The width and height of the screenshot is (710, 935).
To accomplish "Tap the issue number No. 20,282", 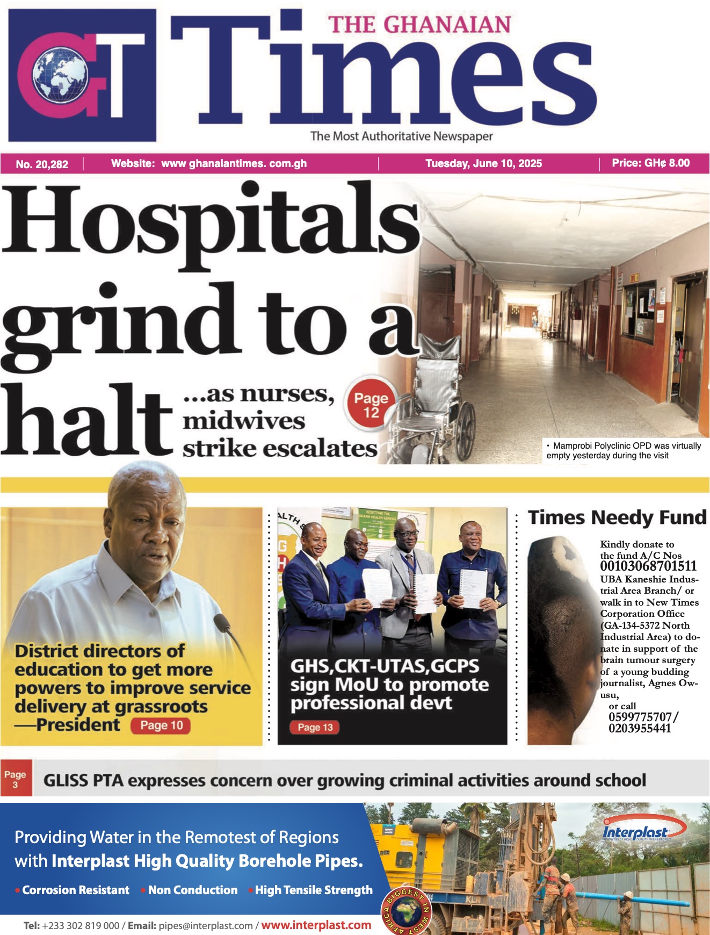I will [42, 164].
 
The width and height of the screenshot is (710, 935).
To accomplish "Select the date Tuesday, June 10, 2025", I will [483, 163].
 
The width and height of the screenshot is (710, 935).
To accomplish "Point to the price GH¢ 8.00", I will [650, 163].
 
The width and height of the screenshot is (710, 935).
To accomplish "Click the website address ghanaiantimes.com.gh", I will [234, 163].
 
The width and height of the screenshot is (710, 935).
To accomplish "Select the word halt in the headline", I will [86, 419].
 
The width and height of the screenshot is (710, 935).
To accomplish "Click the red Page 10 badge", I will [161, 725].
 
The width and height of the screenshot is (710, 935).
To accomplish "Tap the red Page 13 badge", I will [315, 727].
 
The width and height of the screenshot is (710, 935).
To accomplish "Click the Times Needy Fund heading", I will [617, 517].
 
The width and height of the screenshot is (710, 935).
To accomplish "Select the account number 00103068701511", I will [648, 566].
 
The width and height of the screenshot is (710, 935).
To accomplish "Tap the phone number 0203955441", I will [640, 728].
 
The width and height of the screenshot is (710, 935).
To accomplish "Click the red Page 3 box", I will [16, 778].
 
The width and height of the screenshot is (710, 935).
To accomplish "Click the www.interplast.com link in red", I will [316, 925].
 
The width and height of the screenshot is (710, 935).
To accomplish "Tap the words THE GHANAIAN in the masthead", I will [419, 25].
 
